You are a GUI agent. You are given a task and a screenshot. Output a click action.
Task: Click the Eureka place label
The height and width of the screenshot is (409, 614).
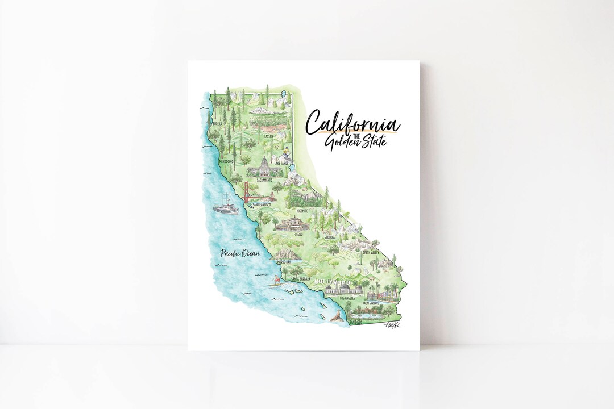[x=217, y=123]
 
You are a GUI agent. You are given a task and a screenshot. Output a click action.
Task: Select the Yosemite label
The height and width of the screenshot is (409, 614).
[x=301, y=211]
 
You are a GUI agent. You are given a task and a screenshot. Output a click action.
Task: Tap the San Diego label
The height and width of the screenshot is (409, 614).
[x=355, y=322]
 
